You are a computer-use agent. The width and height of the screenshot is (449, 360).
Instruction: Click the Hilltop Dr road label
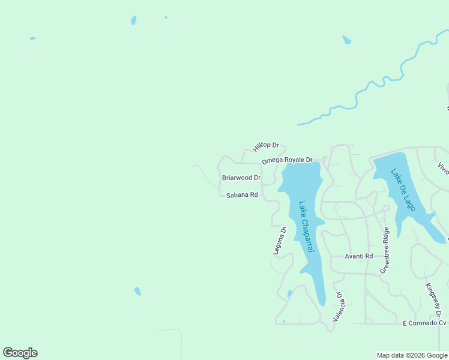pyautogui.click(x=266, y=146)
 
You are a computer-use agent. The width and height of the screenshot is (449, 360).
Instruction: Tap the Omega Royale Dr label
pyautogui.click(x=287, y=160)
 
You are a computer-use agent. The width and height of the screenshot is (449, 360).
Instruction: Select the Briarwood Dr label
pyautogui.click(x=241, y=178)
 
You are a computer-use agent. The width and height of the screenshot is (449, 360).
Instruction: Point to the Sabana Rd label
pyautogui.click(x=241, y=195)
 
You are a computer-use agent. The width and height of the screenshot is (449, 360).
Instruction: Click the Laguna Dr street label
pyautogui.click(x=279, y=241)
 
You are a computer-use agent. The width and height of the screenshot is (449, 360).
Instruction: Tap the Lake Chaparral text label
pyautogui.click(x=307, y=226)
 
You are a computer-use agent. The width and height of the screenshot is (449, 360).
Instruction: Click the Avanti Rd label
pyautogui.click(x=358, y=256)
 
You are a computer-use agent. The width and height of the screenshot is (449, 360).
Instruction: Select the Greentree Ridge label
pyautogui.click(x=385, y=250)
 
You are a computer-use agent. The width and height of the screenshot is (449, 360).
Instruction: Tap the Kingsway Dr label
pyautogui.click(x=433, y=301)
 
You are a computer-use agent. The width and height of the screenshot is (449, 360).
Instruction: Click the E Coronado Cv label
pyautogui.click(x=424, y=323)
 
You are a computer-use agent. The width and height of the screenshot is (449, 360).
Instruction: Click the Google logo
pyautogui.click(x=20, y=353)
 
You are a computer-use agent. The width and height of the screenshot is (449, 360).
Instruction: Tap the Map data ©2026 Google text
pyautogui.click(x=412, y=355)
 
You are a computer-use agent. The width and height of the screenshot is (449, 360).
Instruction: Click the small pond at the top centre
pyautogui.click(x=133, y=20)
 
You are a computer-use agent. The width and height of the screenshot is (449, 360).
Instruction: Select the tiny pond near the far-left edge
pyautogui.click(x=32, y=38)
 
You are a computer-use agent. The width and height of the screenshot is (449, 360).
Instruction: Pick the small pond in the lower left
pyautogui.click(x=137, y=292)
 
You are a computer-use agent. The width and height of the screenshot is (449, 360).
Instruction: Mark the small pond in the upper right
pyautogui.click(x=346, y=40)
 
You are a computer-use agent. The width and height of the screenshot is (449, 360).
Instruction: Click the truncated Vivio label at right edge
pyautogui.click(x=443, y=168)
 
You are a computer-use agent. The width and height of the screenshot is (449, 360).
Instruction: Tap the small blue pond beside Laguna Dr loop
pyautogui.click(x=289, y=293)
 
